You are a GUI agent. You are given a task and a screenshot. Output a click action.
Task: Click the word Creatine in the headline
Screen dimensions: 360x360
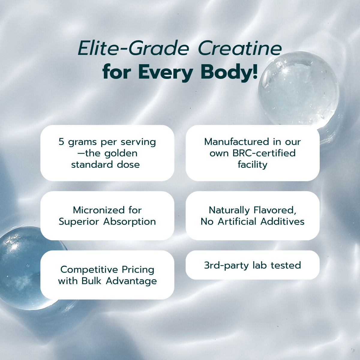tap(240, 48)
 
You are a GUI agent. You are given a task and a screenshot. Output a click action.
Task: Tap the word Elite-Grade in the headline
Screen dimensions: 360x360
tap(133, 48)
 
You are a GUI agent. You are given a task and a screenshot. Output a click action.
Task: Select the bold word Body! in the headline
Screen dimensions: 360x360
tap(229, 73)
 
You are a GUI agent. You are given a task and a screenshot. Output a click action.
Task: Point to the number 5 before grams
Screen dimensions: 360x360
tap(61, 142)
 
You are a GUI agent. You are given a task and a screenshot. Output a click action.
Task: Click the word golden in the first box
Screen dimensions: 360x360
tap(121, 154)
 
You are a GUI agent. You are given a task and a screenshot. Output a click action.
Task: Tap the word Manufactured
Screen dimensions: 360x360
tap(237, 142)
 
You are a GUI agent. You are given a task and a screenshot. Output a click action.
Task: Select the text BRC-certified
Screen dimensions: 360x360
tap(264, 153)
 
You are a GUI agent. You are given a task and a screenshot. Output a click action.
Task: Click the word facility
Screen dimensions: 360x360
tap(252, 165)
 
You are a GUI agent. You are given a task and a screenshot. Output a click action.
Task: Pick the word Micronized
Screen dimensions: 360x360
tap(99, 210)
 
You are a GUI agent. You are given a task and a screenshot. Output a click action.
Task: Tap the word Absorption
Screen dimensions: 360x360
tap(130, 222)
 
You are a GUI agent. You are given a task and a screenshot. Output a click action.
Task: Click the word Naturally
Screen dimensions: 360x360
tap(229, 210)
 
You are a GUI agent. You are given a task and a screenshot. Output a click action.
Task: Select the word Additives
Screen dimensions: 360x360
tap(283, 222)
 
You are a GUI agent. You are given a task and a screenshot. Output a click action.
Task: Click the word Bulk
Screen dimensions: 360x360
tap(91, 281)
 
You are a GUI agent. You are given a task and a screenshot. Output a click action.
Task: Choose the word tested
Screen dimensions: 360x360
tap(286, 265)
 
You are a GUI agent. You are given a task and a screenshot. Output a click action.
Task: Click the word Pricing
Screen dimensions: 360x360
tap(138, 270)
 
